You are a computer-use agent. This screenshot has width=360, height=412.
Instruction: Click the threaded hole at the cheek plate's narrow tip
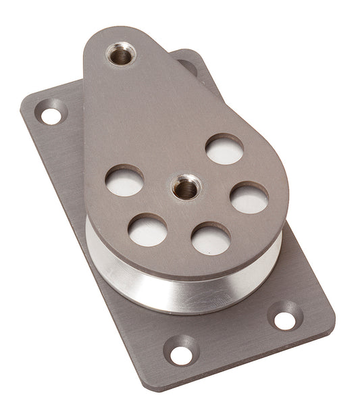(x=122, y=53)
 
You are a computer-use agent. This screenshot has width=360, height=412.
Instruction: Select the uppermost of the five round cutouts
(x=224, y=149)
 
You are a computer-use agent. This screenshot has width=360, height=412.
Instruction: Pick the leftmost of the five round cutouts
(x=125, y=181)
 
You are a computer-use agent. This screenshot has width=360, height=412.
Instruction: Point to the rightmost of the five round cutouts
(x=249, y=198)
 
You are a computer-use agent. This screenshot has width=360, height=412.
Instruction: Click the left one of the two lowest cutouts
(x=148, y=230)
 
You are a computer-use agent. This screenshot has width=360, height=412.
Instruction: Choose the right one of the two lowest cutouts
(x=211, y=238)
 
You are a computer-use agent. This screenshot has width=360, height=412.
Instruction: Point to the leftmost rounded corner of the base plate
(x=26, y=108)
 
